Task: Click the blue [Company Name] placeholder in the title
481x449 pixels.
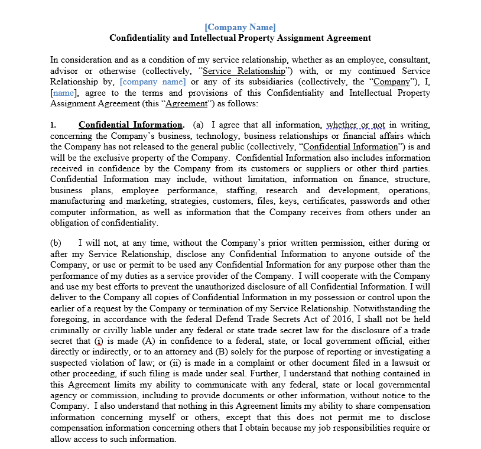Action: coord(240,27)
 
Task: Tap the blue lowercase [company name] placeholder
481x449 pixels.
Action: coord(152,82)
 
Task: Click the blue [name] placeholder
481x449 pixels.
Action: coord(64,93)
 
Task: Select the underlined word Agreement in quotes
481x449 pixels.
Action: coord(186,103)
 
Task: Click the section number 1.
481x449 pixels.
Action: coord(53,125)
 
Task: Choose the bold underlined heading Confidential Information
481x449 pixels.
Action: coord(131,125)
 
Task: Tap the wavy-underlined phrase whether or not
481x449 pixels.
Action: coord(355,125)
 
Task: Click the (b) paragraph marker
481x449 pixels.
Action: coord(56,243)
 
